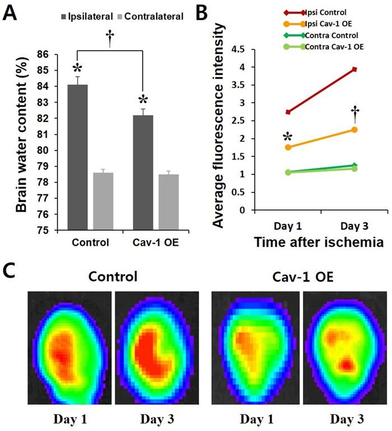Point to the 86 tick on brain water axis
coord(56,54)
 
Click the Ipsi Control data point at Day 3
coord(354,69)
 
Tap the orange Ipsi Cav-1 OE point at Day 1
coord(288,147)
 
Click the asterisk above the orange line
coord(288,137)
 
